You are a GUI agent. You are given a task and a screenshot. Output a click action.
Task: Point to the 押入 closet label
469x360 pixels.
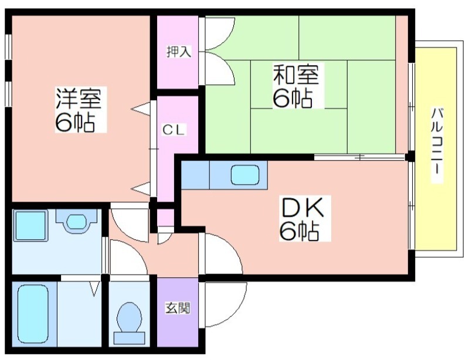179,52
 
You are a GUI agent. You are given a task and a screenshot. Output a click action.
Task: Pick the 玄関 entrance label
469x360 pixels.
178,308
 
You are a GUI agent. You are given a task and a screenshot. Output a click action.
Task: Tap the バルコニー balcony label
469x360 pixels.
437,145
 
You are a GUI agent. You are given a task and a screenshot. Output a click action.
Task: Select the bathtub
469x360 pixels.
33,314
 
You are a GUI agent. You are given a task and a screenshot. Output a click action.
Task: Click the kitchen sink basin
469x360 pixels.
244,175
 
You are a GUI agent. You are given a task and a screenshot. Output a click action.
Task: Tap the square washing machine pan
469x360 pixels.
30,226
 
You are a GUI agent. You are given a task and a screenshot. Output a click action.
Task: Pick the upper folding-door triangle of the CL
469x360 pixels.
141,108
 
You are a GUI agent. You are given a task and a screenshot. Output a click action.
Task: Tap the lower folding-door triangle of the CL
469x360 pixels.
141,189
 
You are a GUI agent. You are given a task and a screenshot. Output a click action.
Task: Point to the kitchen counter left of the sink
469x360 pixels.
195,175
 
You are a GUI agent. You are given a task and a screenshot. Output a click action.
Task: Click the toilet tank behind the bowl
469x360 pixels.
130,338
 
